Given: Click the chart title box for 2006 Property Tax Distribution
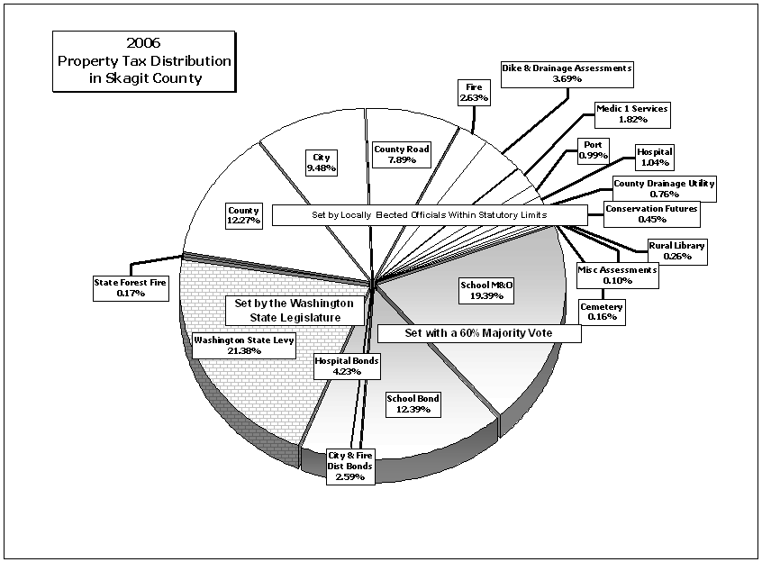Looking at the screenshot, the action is click(144, 61).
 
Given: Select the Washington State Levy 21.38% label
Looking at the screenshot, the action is click(244, 345).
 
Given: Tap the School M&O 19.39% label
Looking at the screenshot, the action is click(486, 291).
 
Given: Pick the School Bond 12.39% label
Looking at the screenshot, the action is click(413, 404).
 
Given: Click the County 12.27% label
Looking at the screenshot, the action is click(244, 215).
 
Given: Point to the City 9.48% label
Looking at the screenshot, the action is click(322, 163).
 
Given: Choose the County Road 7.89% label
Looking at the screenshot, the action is click(402, 155).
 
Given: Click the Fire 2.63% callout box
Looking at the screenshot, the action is click(474, 92).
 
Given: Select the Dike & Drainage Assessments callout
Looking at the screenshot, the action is click(567, 75).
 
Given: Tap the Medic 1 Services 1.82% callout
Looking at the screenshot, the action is click(632, 114).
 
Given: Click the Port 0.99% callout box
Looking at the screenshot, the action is click(594, 150).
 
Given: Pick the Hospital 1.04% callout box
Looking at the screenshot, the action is click(655, 158).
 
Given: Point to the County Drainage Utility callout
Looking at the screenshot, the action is click(665, 189).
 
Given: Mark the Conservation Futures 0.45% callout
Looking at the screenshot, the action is click(652, 214).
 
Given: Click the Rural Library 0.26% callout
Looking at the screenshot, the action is click(677, 251).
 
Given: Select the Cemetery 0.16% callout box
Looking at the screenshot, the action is click(602, 312).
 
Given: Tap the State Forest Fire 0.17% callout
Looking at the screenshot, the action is click(131, 288).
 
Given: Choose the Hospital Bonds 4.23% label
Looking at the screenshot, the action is click(347, 366).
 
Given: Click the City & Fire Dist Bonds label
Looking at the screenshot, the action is click(350, 467).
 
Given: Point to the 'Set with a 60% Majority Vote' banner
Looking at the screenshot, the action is click(479, 333).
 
